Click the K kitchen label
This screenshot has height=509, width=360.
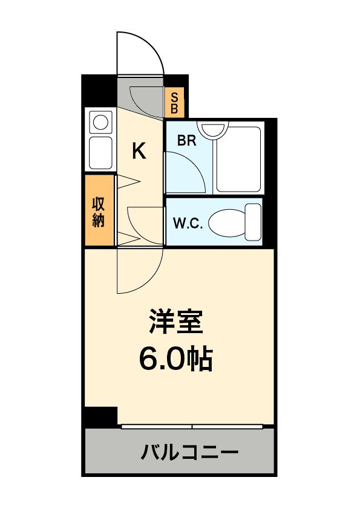click(139, 151)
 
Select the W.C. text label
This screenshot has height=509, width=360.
click(188, 223)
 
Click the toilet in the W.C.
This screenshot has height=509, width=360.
click(236, 222)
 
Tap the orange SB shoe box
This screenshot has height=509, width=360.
click(174, 103)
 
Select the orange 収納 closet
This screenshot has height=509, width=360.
click(99, 211)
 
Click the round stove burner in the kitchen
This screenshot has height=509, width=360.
click(100, 123)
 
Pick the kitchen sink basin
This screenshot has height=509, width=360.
click(100, 154)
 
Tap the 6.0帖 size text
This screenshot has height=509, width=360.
click(175, 360)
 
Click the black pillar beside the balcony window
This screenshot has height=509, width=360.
click(100, 417)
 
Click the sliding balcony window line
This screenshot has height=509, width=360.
click(192, 427)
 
